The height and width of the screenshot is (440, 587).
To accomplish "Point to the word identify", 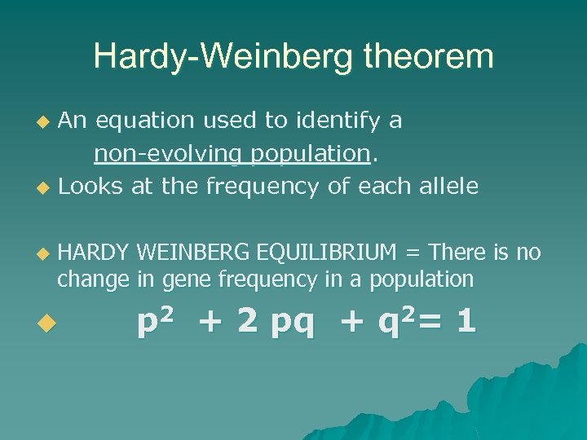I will (x=334, y=121).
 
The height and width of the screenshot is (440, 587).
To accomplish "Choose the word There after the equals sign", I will (x=458, y=253).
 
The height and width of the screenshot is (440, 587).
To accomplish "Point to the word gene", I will (x=183, y=279).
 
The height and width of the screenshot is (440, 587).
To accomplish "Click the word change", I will (x=93, y=279).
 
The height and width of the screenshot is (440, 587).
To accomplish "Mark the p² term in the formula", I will (x=156, y=322).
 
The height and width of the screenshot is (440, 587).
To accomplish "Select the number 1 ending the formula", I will (x=466, y=321).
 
